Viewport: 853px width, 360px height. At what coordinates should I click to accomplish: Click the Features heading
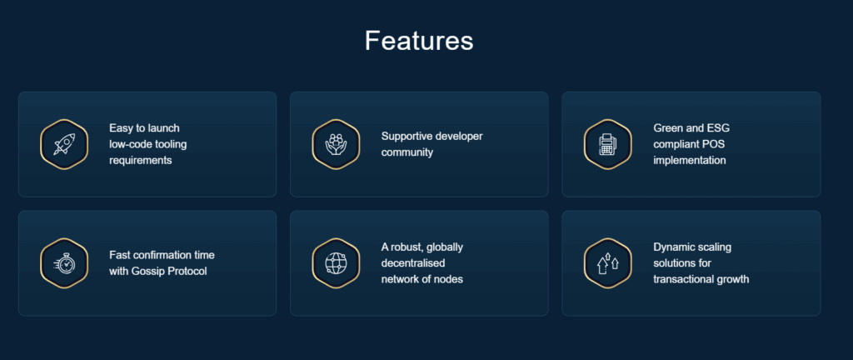[x=419, y=41]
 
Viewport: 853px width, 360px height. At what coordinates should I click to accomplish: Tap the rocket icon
[x=64, y=144]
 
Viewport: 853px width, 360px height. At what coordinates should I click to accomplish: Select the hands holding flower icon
[x=336, y=144]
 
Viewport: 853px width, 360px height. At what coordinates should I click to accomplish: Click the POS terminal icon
[x=607, y=144]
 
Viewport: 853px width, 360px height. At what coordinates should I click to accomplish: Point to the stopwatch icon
[x=64, y=263]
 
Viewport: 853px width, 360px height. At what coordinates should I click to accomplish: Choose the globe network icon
[x=336, y=263]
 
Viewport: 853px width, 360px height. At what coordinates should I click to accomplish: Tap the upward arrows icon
[x=607, y=263]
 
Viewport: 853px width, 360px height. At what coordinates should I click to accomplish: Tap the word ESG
[x=718, y=128]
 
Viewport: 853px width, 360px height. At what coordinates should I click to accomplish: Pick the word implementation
[x=689, y=161]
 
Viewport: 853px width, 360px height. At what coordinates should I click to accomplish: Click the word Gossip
[x=147, y=272]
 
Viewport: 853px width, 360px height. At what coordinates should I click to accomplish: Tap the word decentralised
[x=413, y=263]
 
